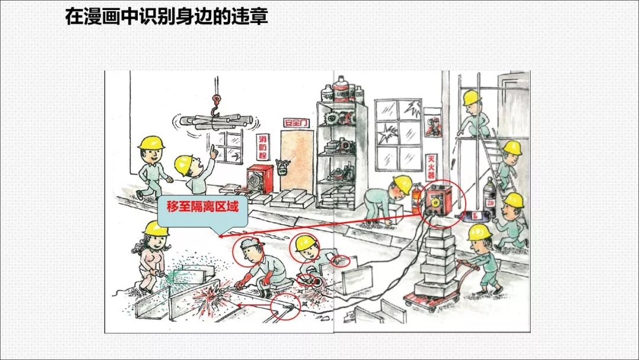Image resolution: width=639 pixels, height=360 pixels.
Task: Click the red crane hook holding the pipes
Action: [x=217, y=101]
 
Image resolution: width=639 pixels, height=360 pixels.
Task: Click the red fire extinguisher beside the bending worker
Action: [x=416, y=200]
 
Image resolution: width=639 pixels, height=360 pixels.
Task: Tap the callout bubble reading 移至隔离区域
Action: [x=202, y=208]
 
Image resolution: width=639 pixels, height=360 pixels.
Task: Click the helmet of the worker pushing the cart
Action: [x=479, y=232]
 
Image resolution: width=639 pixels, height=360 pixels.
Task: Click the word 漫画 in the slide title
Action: [x=106, y=16]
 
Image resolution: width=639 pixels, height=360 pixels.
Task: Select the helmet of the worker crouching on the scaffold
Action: [x=472, y=98]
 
